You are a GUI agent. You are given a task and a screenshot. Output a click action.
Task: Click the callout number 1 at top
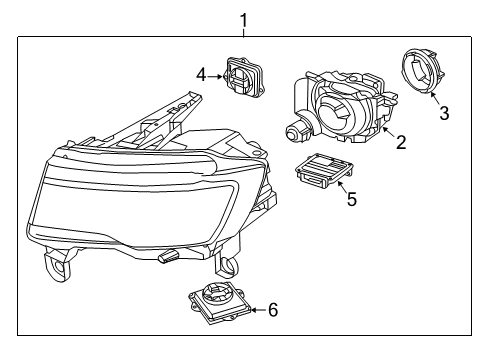(241, 18)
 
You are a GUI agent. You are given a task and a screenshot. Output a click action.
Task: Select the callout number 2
(400, 142)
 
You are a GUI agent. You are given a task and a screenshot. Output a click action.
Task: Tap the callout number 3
(443, 113)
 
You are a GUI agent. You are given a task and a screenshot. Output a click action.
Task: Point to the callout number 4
(201, 74)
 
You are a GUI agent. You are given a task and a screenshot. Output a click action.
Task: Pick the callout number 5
(351, 198)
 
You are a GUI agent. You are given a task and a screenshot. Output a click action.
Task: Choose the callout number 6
(272, 309)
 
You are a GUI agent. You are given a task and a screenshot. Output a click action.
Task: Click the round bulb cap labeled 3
(421, 74)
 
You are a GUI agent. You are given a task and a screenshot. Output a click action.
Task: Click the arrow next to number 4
(216, 75)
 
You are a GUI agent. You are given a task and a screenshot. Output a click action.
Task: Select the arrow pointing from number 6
(254, 309)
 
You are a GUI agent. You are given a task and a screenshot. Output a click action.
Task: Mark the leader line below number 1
(241, 30)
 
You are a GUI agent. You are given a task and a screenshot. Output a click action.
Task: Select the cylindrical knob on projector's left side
(294, 130)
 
